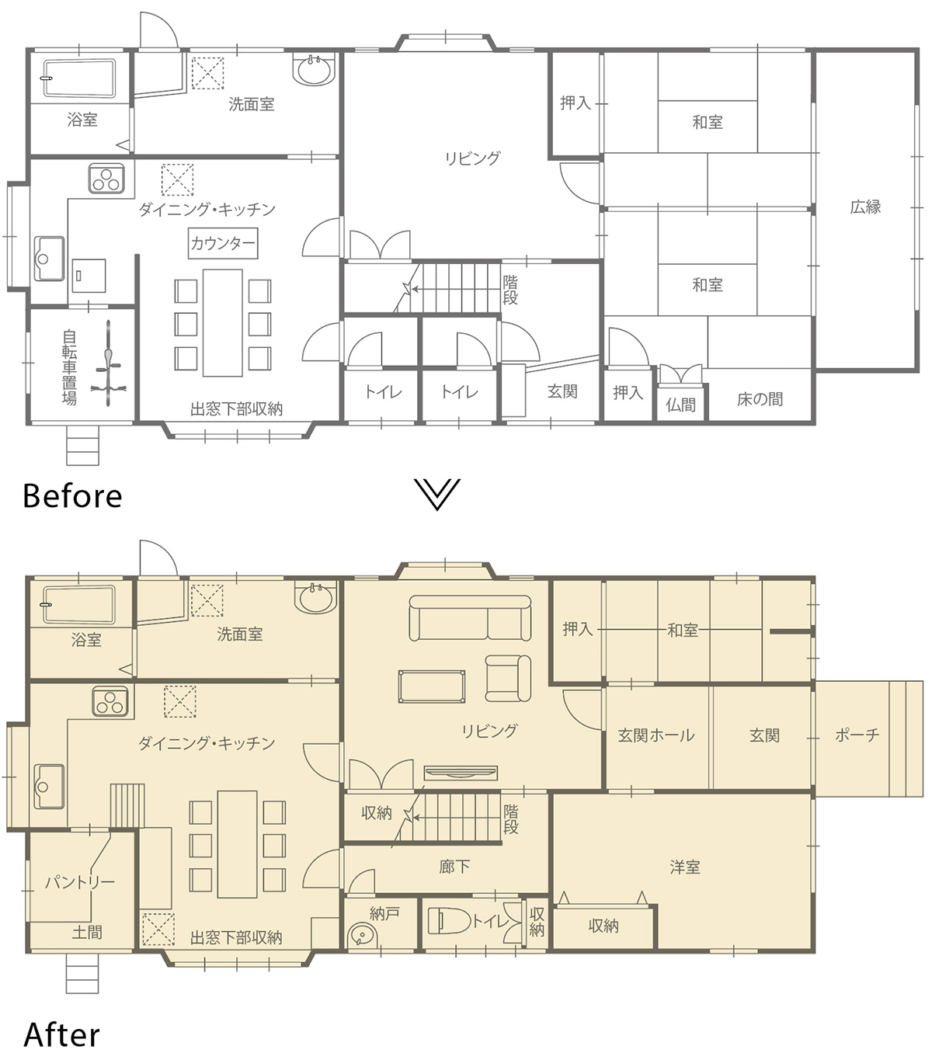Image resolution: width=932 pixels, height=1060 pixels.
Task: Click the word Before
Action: (x=72, y=495)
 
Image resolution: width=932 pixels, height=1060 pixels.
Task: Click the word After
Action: (x=62, y=1034)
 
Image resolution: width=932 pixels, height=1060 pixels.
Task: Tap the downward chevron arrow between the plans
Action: (x=437, y=494)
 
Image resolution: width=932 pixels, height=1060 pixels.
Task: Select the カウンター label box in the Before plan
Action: (x=223, y=243)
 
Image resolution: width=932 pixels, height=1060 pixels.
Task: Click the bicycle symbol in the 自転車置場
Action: (x=108, y=363)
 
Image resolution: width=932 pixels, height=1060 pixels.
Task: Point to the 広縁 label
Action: (x=865, y=207)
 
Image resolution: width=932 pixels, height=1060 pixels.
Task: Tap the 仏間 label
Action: (x=681, y=405)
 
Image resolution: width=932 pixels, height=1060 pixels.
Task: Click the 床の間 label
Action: (x=760, y=399)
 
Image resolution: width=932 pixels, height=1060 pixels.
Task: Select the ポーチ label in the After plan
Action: (x=857, y=735)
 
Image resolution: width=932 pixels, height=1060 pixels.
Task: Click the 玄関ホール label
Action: (x=656, y=735)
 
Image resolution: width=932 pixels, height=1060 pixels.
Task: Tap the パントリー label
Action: (x=79, y=883)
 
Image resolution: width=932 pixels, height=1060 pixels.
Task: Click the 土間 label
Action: (x=87, y=932)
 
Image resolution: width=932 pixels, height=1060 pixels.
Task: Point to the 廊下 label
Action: (x=454, y=867)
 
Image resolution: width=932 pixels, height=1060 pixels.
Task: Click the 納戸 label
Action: (x=384, y=913)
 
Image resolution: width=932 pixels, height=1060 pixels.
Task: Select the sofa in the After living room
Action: (x=470, y=618)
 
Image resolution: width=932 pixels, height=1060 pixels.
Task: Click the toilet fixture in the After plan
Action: (x=449, y=921)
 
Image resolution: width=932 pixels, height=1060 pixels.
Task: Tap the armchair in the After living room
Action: (x=508, y=678)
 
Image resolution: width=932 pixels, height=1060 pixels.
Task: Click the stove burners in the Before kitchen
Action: (x=106, y=179)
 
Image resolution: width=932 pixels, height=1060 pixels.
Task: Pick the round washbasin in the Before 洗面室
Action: (x=315, y=70)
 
